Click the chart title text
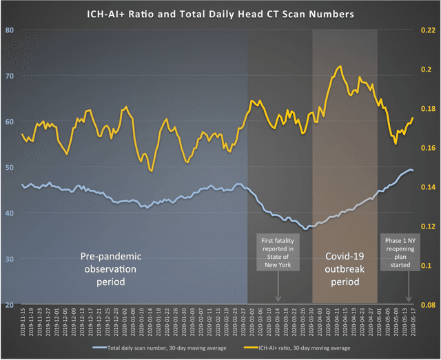[x=220, y=12]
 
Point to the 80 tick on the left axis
[x=10, y=30]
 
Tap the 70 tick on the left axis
[x=10, y=76]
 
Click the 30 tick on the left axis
[x=10, y=259]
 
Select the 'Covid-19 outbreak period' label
[x=344, y=264]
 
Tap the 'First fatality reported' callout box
[x=277, y=251]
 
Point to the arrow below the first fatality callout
[x=278, y=286]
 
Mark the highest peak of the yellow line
[x=340, y=67]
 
